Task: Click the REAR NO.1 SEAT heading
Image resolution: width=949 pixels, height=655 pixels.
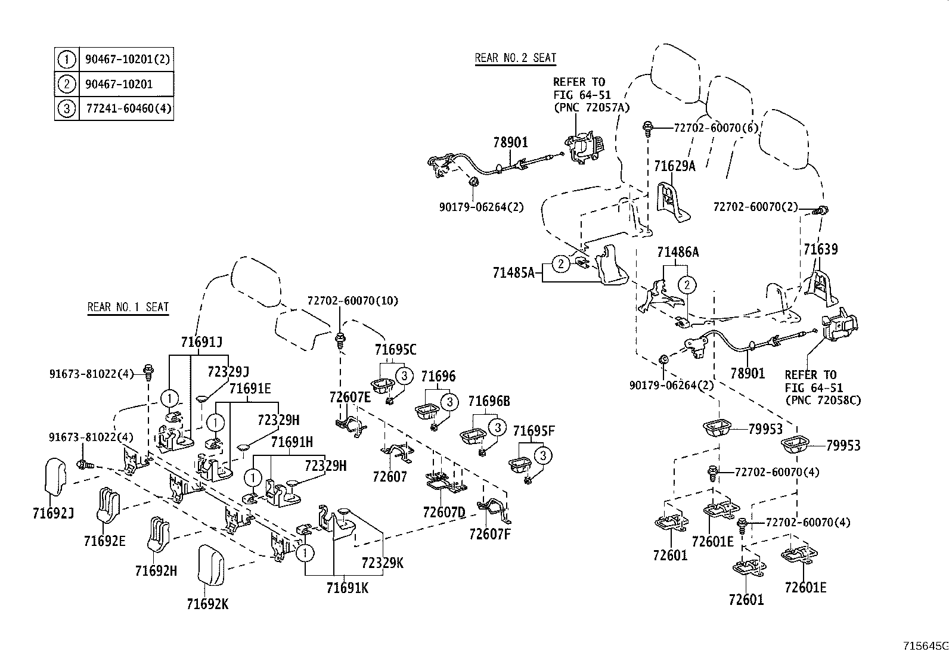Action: click(x=128, y=307)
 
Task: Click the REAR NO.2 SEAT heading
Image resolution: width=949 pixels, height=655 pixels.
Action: click(x=515, y=58)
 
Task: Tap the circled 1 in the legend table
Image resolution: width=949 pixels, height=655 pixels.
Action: click(x=66, y=59)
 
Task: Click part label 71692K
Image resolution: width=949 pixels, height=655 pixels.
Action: click(x=207, y=604)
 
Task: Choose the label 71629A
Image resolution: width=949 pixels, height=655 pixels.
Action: click(x=674, y=166)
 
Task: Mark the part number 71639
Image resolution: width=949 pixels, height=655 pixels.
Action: click(x=820, y=249)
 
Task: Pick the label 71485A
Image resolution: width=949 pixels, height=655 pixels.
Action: click(x=513, y=273)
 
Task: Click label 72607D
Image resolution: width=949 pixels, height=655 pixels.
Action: click(x=444, y=512)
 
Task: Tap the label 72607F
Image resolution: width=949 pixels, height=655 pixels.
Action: click(x=489, y=533)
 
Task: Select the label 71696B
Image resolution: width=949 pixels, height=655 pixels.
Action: click(x=489, y=401)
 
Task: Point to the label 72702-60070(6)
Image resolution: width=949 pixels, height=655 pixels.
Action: click(x=715, y=128)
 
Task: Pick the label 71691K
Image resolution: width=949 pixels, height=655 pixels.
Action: click(x=347, y=588)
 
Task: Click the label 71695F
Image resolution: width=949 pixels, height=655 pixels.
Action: click(x=534, y=431)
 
